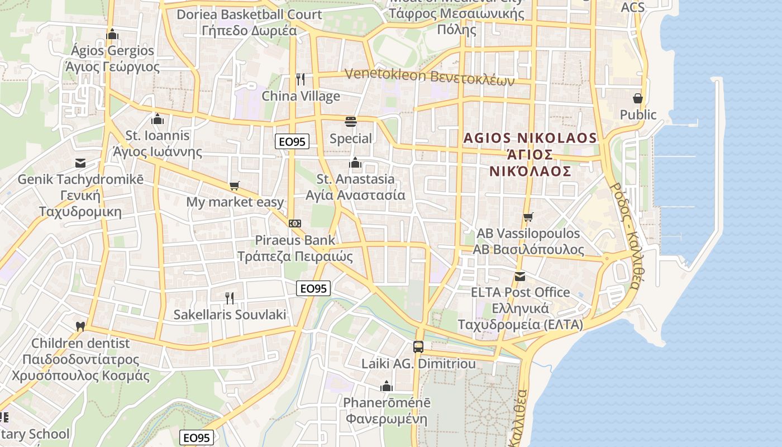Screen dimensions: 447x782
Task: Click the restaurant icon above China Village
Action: tap(301, 79)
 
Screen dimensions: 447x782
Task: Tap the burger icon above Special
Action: tap(351, 121)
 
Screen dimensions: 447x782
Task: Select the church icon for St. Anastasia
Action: tap(355, 163)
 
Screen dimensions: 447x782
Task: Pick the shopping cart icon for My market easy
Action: tap(235, 186)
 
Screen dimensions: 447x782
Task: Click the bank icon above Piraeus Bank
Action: tap(295, 223)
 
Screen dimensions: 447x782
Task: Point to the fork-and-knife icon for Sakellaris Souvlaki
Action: tap(229, 298)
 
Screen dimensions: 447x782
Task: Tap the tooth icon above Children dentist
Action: tap(80, 326)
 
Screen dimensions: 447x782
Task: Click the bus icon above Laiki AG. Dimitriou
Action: tap(418, 347)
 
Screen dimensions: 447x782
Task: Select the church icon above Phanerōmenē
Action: tap(386, 386)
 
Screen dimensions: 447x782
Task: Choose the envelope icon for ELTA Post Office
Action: tap(520, 276)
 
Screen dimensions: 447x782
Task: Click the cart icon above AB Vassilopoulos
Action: tap(528, 217)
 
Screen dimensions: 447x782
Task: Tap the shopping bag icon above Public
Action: tap(638, 98)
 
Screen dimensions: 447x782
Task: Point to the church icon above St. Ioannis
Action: tap(158, 119)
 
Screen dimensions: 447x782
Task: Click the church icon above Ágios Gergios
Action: tap(112, 34)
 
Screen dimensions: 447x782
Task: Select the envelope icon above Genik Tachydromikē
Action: tap(80, 163)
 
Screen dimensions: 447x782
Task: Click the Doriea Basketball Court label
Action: tap(249, 15)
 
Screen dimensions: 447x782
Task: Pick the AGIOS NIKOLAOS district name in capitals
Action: tap(530, 138)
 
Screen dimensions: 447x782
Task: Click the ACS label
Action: tap(632, 7)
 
